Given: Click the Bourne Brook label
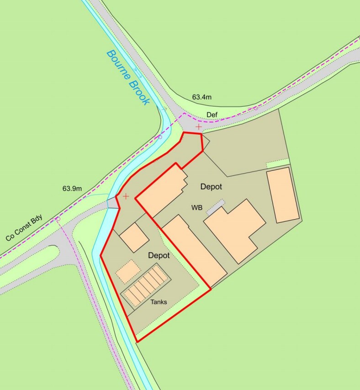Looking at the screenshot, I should pyautogui.click(x=127, y=77).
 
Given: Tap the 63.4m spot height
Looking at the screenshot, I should pyautogui.click(x=201, y=97).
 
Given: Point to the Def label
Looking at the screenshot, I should pyautogui.click(x=211, y=115).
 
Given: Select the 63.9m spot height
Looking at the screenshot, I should pyautogui.click(x=72, y=188).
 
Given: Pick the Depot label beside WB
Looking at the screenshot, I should pyautogui.click(x=211, y=187).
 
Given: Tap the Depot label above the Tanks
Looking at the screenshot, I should pyautogui.click(x=159, y=256).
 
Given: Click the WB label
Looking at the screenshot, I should pyautogui.click(x=197, y=208).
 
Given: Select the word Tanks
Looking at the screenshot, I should pyautogui.click(x=159, y=302).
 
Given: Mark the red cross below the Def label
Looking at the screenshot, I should pyautogui.click(x=199, y=126).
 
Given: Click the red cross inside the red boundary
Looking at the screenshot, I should pyautogui.click(x=126, y=196).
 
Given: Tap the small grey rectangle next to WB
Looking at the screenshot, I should pyautogui.click(x=216, y=207).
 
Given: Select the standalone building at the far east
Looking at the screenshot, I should pyautogui.click(x=283, y=195).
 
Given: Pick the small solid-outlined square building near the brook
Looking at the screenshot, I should pyautogui.click(x=134, y=237).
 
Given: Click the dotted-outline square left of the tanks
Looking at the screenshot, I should pyautogui.click(x=128, y=272).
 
